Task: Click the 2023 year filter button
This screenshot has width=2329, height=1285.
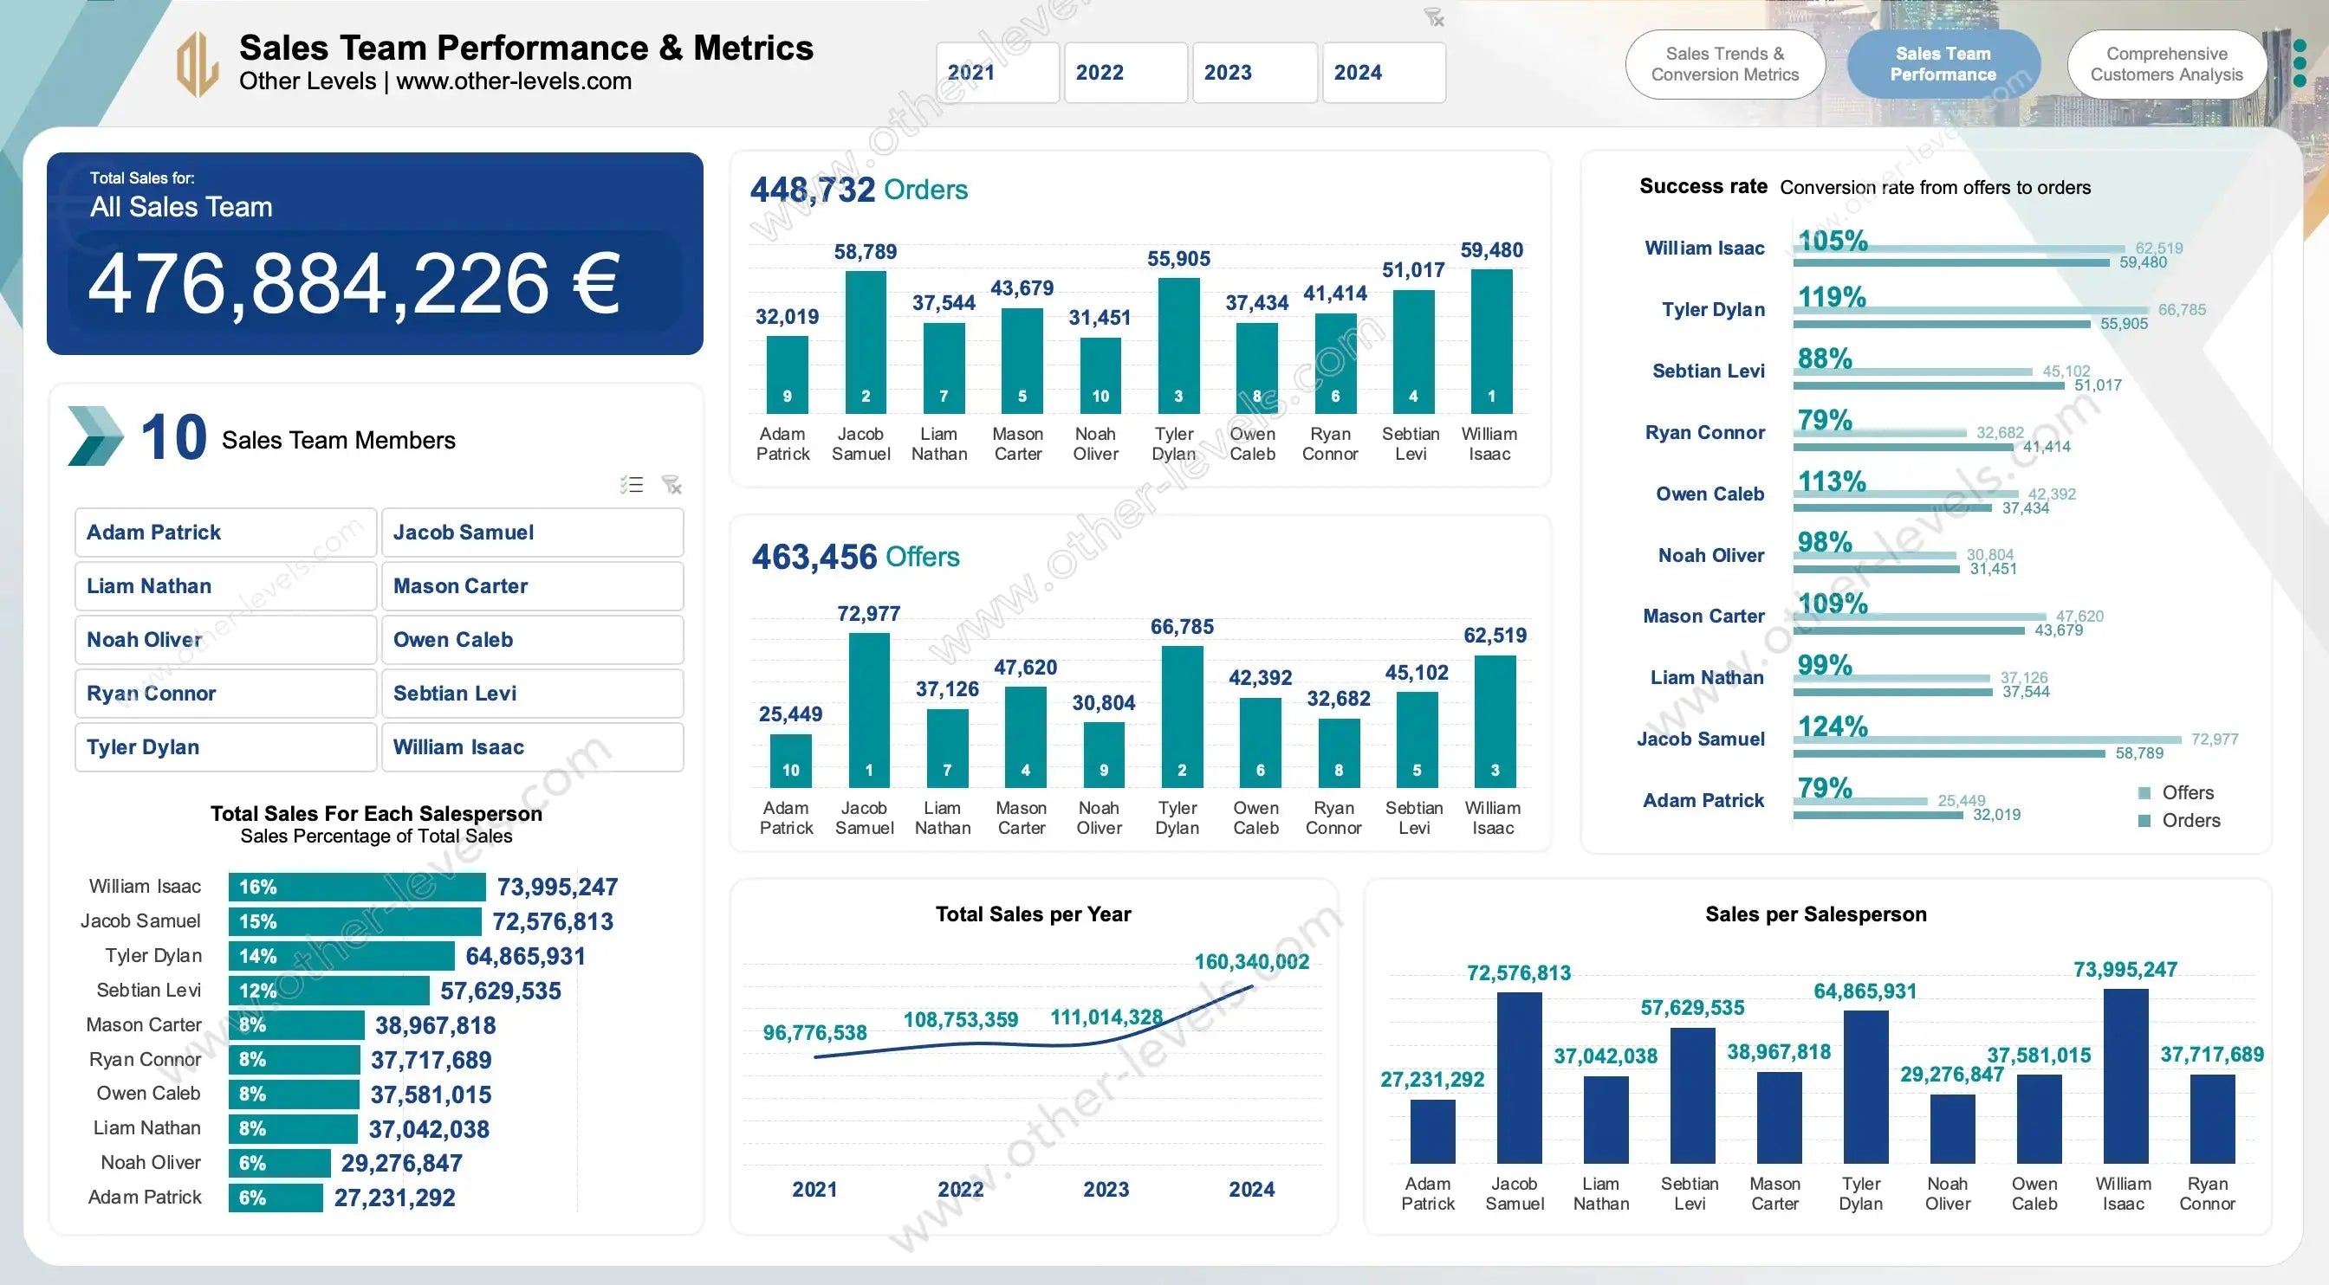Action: (1253, 72)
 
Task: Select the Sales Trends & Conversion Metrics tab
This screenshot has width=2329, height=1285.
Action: (1724, 64)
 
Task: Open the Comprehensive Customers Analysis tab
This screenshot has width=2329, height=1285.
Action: (2165, 64)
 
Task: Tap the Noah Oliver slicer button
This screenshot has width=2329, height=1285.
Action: (225, 640)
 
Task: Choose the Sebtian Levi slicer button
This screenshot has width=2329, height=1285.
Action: (532, 693)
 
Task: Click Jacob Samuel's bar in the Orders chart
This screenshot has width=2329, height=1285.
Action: (866, 341)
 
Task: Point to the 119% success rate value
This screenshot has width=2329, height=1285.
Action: (1831, 297)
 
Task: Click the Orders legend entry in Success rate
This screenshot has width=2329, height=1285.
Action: (2190, 821)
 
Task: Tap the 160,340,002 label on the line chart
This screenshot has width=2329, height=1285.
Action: (1251, 961)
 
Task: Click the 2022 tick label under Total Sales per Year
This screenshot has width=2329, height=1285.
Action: (960, 1189)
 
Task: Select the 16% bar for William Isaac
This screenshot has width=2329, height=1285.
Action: (356, 887)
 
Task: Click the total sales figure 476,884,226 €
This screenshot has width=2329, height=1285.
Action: (354, 285)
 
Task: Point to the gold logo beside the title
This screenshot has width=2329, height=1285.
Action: (197, 64)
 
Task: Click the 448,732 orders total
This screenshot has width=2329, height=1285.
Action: (812, 190)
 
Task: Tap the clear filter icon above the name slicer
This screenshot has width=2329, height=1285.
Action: (671, 485)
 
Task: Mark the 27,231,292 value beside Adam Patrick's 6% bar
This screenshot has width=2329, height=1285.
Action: (394, 1198)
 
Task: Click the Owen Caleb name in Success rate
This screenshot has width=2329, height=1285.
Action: (1709, 494)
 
